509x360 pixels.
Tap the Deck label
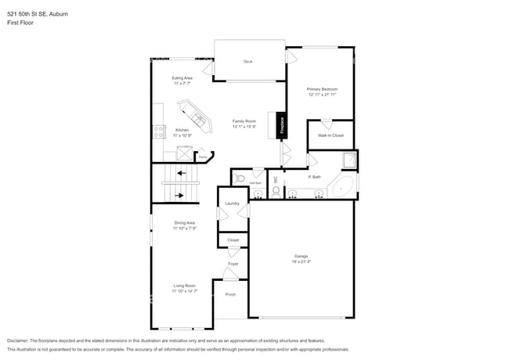pyautogui.click(x=247, y=61)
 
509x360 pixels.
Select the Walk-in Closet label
pyautogui.click(x=330, y=135)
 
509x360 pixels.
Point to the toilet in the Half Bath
pyautogui.click(x=240, y=179)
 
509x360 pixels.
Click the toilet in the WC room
pyautogui.click(x=276, y=191)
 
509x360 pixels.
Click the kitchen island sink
pyautogui.click(x=199, y=121)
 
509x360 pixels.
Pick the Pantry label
pyautogui.click(x=202, y=157)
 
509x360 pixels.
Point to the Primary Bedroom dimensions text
pyautogui.click(x=322, y=95)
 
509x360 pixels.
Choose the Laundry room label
pyautogui.click(x=232, y=203)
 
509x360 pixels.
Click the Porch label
pyautogui.click(x=230, y=294)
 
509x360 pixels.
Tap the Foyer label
pyautogui.click(x=233, y=264)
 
